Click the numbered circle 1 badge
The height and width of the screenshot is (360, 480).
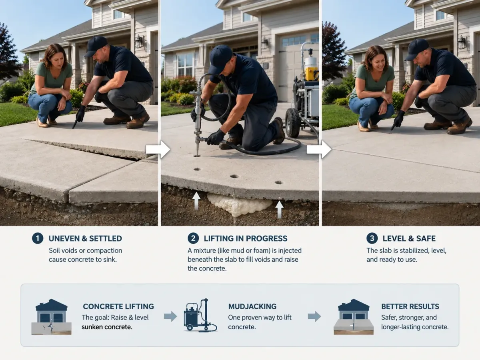37,238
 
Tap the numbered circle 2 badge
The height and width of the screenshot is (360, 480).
193,238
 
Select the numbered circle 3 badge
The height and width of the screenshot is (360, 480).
372,238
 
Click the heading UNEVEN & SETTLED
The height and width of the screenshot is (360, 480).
85,238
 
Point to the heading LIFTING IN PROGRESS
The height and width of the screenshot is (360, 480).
246,238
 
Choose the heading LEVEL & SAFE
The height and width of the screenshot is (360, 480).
409,238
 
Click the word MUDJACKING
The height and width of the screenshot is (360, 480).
252,306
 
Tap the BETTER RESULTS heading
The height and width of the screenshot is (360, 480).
410,306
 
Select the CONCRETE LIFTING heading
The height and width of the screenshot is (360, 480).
118,306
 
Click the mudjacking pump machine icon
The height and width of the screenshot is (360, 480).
200,316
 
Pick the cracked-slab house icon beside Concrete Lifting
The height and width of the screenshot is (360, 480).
51,317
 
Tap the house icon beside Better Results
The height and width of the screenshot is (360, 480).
354,317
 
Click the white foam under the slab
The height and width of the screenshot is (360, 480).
240,205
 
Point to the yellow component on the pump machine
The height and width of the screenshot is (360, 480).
312,74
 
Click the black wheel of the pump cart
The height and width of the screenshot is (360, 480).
292,123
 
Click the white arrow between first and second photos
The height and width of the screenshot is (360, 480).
158,150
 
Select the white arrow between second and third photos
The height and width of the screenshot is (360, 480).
319,150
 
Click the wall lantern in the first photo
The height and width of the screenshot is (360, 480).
139,42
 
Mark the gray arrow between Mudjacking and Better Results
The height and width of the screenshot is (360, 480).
314,316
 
